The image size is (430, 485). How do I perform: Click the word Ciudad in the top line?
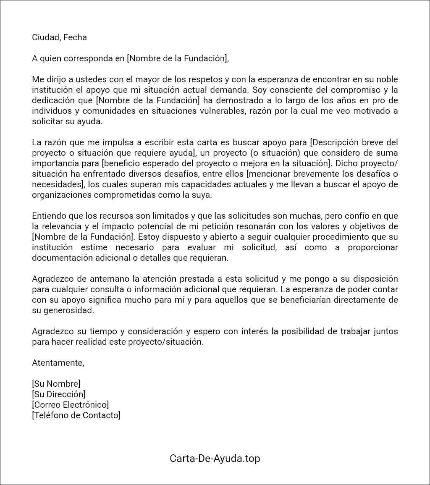45,37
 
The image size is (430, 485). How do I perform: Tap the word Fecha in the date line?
75,37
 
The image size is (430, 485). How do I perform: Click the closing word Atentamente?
58,363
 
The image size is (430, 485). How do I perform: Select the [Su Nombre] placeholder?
56,384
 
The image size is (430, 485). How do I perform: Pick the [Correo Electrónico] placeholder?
70,405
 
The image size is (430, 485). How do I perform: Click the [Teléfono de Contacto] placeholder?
76,415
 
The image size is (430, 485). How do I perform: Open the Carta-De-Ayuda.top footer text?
215,458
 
